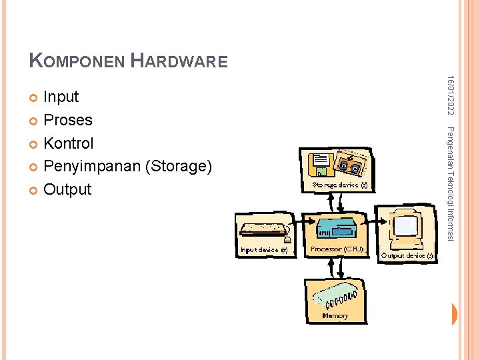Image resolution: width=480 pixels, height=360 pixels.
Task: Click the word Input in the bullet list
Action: coord(61,97)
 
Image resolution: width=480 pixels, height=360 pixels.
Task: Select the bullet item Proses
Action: coord(67,121)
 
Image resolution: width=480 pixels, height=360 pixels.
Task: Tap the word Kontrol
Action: coord(68,143)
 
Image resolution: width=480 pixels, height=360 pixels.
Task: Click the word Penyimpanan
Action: coord(91,167)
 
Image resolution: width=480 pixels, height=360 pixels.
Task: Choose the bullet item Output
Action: coord(67,189)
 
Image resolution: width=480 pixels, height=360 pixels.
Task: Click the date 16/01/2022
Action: coord(451,93)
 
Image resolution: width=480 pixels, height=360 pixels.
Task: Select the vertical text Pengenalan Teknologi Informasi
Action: coord(451,183)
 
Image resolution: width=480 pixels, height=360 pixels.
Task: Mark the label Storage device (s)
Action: coord(340,185)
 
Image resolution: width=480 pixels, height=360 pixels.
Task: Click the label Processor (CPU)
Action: coord(337,249)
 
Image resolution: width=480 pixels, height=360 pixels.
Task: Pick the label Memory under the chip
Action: coord(335,315)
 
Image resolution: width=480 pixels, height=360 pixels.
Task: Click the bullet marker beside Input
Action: coord(35,98)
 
